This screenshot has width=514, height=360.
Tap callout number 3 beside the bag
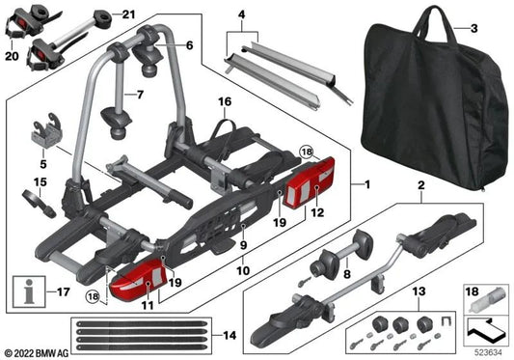tap(473, 27)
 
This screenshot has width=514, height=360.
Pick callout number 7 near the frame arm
tap(137, 95)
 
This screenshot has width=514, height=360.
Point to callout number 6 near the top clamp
tap(189, 45)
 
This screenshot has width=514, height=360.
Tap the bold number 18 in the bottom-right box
tap(471, 290)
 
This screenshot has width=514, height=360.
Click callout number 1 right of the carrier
tap(365, 184)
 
